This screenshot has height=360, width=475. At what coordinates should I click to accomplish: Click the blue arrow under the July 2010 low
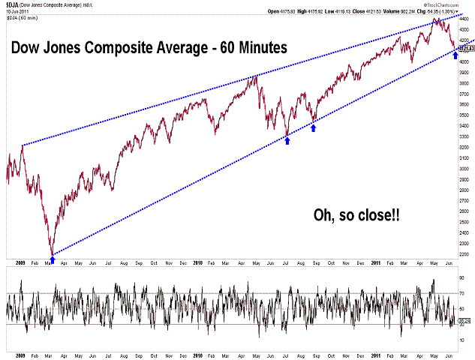click(x=287, y=140)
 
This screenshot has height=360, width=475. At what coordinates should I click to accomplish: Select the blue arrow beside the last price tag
click(x=455, y=55)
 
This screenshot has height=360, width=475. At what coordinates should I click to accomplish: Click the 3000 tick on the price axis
click(x=465, y=169)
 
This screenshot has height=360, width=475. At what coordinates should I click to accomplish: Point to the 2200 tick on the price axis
click(x=465, y=254)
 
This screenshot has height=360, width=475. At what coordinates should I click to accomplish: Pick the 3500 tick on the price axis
click(x=465, y=116)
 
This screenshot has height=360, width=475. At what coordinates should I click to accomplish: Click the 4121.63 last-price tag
click(x=466, y=49)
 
